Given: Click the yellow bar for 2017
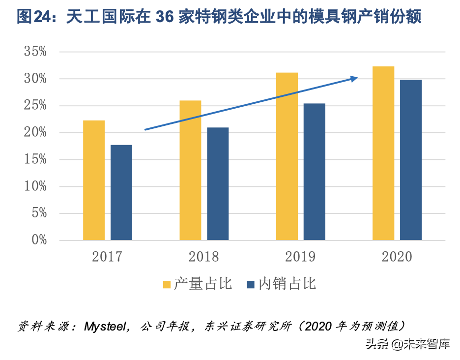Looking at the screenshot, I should tap(94, 180).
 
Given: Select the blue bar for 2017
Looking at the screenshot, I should tap(121, 192).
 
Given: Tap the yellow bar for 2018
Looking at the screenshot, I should tap(190, 170).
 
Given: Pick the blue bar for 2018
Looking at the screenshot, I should tap(218, 183).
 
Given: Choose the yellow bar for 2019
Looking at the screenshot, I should tap(287, 156).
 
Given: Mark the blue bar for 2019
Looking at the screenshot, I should tap(315, 172).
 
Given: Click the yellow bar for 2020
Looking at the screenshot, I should tap(383, 153).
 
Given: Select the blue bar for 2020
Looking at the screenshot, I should tap(411, 160).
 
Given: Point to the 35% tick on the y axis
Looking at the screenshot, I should tap(35, 52).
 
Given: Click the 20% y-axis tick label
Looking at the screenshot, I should tap(35, 132).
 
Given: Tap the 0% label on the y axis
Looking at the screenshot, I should tap(39, 240).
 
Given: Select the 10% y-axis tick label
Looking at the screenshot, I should tap(35, 186).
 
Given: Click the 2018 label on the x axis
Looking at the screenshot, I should tap(204, 257).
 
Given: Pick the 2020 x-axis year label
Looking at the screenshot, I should tap(397, 257).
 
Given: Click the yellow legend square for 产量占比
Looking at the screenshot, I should tap(167, 285).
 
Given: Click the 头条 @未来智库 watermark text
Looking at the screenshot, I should tap(407, 344).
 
